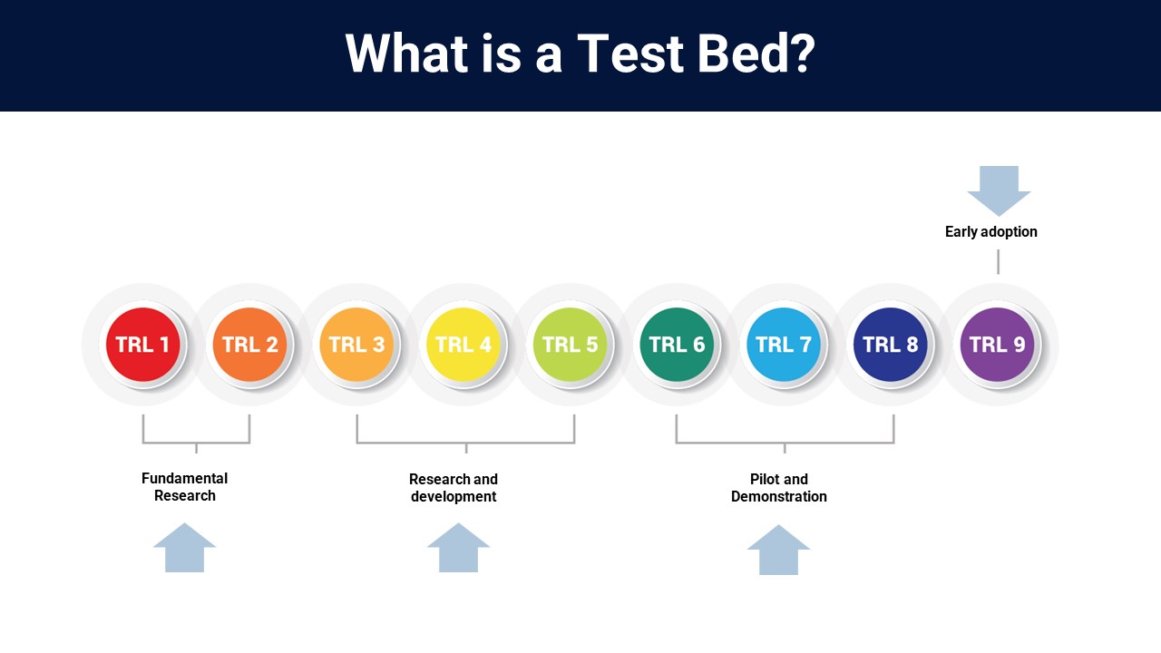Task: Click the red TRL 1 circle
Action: (142, 345)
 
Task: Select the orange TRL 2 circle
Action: (249, 345)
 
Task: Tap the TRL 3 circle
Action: (356, 345)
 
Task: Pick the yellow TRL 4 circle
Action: (463, 345)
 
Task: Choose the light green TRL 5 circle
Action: (571, 345)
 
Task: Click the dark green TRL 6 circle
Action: (677, 345)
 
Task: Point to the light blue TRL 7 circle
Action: (784, 345)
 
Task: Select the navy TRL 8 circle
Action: (891, 345)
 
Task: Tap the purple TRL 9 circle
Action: (997, 345)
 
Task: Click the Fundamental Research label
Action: (184, 487)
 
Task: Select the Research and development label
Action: (454, 488)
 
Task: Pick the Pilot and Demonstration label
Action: (778, 488)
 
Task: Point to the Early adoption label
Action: (991, 231)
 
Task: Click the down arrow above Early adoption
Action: (999, 190)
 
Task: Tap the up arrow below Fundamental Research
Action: (184, 548)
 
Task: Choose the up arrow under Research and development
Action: (458, 548)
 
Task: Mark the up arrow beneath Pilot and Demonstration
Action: (778, 550)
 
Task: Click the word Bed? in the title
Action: (756, 54)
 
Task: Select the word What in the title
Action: (407, 54)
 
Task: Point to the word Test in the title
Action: (630, 54)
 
